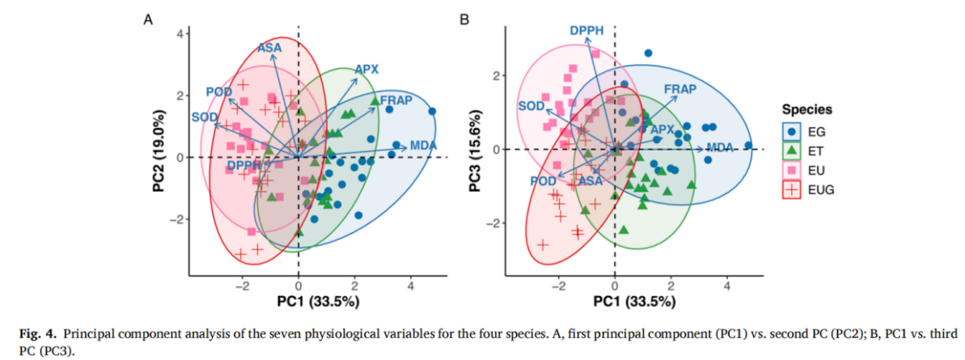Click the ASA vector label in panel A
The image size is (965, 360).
(x=269, y=48)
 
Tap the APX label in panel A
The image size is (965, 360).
(x=366, y=70)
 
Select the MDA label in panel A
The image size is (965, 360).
(x=423, y=146)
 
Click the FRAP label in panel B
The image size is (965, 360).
(x=680, y=88)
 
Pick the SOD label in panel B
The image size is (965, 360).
(x=531, y=106)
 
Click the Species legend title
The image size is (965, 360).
(x=807, y=109)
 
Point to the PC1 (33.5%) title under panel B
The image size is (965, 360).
(x=630, y=301)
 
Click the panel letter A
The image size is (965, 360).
(x=149, y=18)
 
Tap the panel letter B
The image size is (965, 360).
(x=464, y=18)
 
